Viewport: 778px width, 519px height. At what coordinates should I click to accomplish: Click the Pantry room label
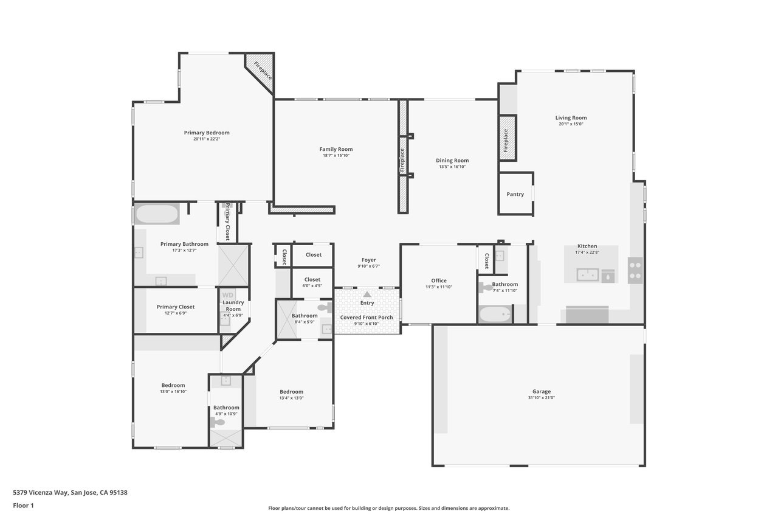tap(515, 194)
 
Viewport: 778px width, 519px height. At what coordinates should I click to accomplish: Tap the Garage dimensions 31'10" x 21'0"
tap(542, 398)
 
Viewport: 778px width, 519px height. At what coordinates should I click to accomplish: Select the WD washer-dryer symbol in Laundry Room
tap(228, 295)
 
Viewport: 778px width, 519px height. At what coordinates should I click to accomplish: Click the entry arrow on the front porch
tap(367, 294)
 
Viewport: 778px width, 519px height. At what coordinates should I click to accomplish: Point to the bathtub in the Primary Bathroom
tap(157, 214)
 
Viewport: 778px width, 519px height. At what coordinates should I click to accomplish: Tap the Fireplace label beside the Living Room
tap(506, 141)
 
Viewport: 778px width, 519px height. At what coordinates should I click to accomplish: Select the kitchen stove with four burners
tap(635, 270)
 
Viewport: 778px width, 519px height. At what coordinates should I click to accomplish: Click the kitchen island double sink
tap(588, 274)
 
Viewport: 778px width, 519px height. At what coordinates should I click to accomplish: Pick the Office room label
tap(439, 280)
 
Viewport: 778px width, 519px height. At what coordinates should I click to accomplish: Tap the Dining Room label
tap(452, 161)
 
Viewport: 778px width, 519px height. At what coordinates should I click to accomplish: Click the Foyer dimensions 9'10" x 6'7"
tap(369, 266)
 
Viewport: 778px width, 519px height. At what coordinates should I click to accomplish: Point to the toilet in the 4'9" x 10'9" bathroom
tap(218, 422)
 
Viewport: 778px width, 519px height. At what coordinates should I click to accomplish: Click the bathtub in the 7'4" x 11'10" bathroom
tap(495, 315)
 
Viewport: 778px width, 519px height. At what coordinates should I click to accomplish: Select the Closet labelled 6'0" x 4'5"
tap(312, 279)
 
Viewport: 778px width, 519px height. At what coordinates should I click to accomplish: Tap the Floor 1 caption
tap(23, 506)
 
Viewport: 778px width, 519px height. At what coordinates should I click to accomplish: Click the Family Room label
tap(336, 150)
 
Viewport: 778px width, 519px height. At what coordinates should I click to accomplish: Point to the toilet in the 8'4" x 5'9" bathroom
tap(325, 307)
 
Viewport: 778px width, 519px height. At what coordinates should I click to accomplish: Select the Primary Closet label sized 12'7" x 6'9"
tap(176, 307)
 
